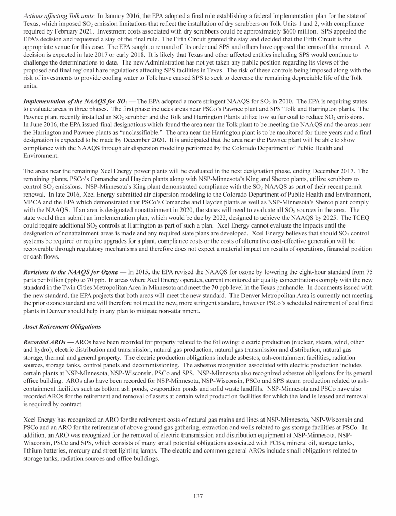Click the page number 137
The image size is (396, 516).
[198, 496]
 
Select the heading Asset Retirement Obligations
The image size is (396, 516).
[59, 328]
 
